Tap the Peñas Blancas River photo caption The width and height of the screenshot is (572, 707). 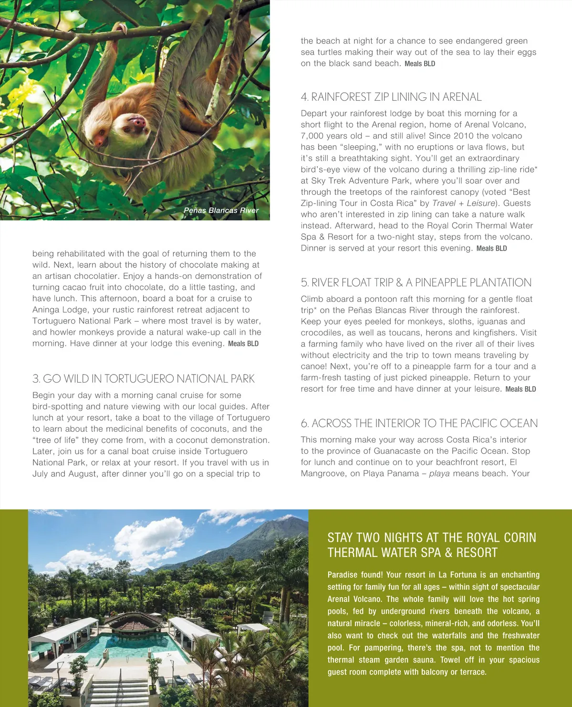click(x=221, y=210)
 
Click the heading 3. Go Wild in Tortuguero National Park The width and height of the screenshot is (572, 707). click(x=143, y=379)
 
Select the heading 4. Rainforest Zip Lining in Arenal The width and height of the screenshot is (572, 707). click(x=391, y=97)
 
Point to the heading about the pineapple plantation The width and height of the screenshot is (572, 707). click(x=416, y=282)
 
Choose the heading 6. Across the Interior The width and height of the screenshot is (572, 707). click(x=419, y=423)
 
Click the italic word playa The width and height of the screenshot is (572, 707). click(x=439, y=473)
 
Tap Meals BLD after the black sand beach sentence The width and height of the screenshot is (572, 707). click(x=420, y=64)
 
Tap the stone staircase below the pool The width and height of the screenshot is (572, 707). click(x=119, y=693)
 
